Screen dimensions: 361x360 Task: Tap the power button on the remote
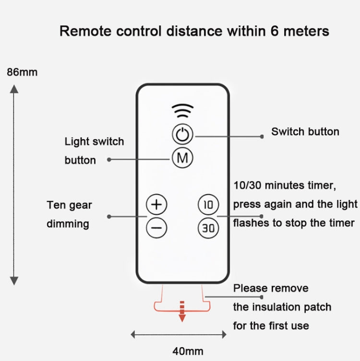click(x=182, y=135)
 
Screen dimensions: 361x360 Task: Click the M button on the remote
click(x=182, y=158)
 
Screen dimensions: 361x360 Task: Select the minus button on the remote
click(x=156, y=227)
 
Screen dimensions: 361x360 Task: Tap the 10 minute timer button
click(x=208, y=205)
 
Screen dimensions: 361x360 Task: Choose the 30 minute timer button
click(x=208, y=228)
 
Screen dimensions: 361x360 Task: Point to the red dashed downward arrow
click(x=182, y=311)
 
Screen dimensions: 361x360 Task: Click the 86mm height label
click(x=22, y=72)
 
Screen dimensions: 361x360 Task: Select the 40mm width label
click(x=188, y=351)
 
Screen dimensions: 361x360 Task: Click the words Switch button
click(x=305, y=131)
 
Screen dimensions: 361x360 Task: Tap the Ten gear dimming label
click(x=69, y=214)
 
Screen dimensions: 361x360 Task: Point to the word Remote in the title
click(x=84, y=32)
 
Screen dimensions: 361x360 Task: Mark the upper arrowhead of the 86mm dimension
click(x=14, y=89)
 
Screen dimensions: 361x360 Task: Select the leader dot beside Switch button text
click(x=262, y=136)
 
